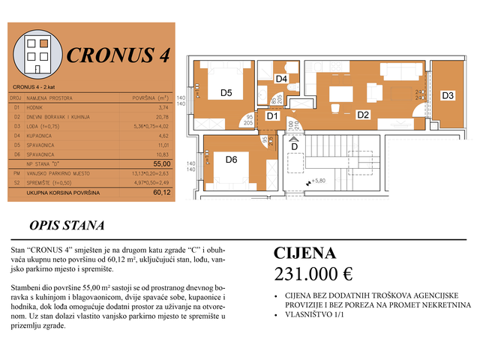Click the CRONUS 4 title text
[118, 56]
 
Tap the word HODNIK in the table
[35, 107]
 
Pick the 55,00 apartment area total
[161, 162]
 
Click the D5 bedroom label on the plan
[226, 94]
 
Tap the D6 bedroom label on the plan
[231, 159]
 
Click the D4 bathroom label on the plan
[281, 79]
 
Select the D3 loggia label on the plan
[447, 95]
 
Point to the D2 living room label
[362, 115]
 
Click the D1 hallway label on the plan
[272, 115]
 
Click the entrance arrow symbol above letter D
[294, 139]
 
